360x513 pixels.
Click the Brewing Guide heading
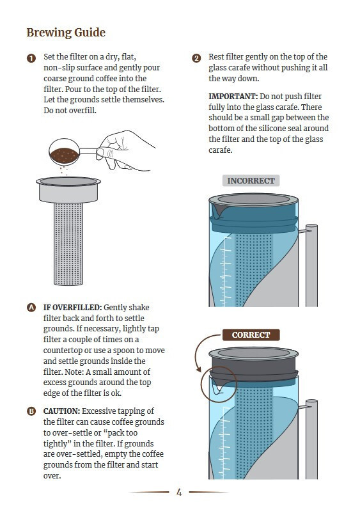point(66,33)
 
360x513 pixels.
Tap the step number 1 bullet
point(31,59)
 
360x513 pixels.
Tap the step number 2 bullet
point(196,59)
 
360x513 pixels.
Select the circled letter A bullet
point(31,308)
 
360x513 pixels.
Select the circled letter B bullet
point(31,411)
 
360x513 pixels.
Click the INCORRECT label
point(251,180)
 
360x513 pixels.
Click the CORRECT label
point(251,335)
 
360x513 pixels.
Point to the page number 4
point(179,492)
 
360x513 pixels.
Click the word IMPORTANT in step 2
point(233,97)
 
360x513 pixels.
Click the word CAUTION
point(62,411)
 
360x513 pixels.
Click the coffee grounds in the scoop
point(64,155)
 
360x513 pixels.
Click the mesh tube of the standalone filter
point(68,244)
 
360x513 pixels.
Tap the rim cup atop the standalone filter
point(68,189)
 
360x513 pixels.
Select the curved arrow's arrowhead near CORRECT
point(199,370)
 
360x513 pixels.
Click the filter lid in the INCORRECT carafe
point(253,199)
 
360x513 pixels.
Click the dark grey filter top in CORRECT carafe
point(253,364)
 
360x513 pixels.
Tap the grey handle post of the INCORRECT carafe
point(311,265)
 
